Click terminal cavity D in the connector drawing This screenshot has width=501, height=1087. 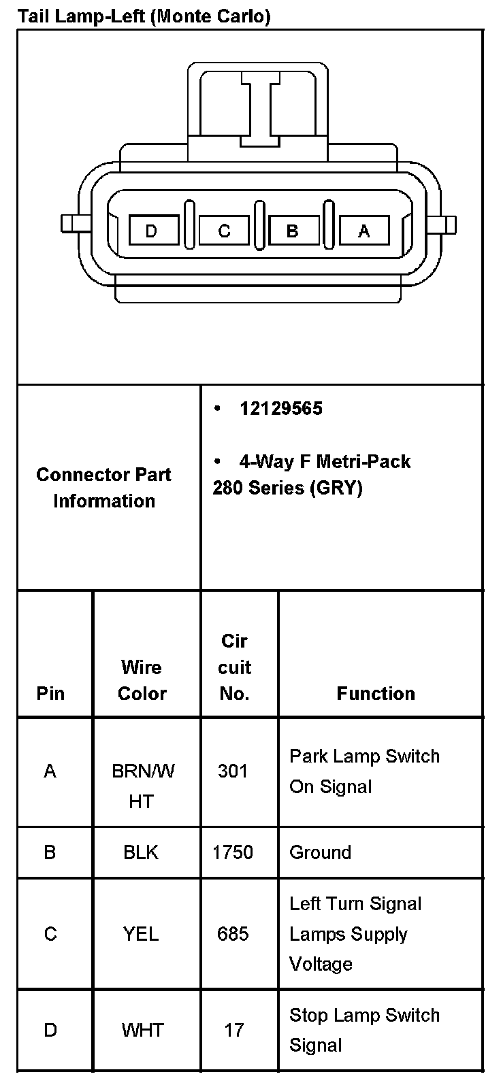pyautogui.click(x=153, y=231)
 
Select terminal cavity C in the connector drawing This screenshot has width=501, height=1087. pyautogui.click(x=224, y=231)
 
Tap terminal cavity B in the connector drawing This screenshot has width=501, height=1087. pyautogui.click(x=293, y=231)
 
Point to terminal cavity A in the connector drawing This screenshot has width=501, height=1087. pyautogui.click(x=363, y=231)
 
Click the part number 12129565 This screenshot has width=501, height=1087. pyautogui.click(x=280, y=409)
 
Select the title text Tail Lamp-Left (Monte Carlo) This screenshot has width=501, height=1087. pyautogui.click(x=144, y=16)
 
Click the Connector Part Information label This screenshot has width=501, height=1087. pyautogui.click(x=103, y=488)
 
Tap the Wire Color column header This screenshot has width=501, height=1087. pyautogui.click(x=142, y=680)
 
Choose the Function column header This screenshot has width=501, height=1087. pyautogui.click(x=376, y=693)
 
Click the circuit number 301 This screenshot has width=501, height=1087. pyautogui.click(x=233, y=771)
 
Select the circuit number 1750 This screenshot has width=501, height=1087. pyautogui.click(x=233, y=852)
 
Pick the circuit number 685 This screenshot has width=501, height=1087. pyautogui.click(x=233, y=934)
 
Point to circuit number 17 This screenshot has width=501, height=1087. pyautogui.click(x=233, y=1030)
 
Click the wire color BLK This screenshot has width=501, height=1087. pyautogui.click(x=141, y=852)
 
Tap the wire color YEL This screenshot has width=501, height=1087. pyautogui.click(x=141, y=934)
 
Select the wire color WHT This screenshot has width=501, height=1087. pyautogui.click(x=142, y=1030)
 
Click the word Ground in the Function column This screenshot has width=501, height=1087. pyautogui.click(x=320, y=852)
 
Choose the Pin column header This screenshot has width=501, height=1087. pyautogui.click(x=50, y=694)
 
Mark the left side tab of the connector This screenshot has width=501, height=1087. pyautogui.click(x=69, y=224)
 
